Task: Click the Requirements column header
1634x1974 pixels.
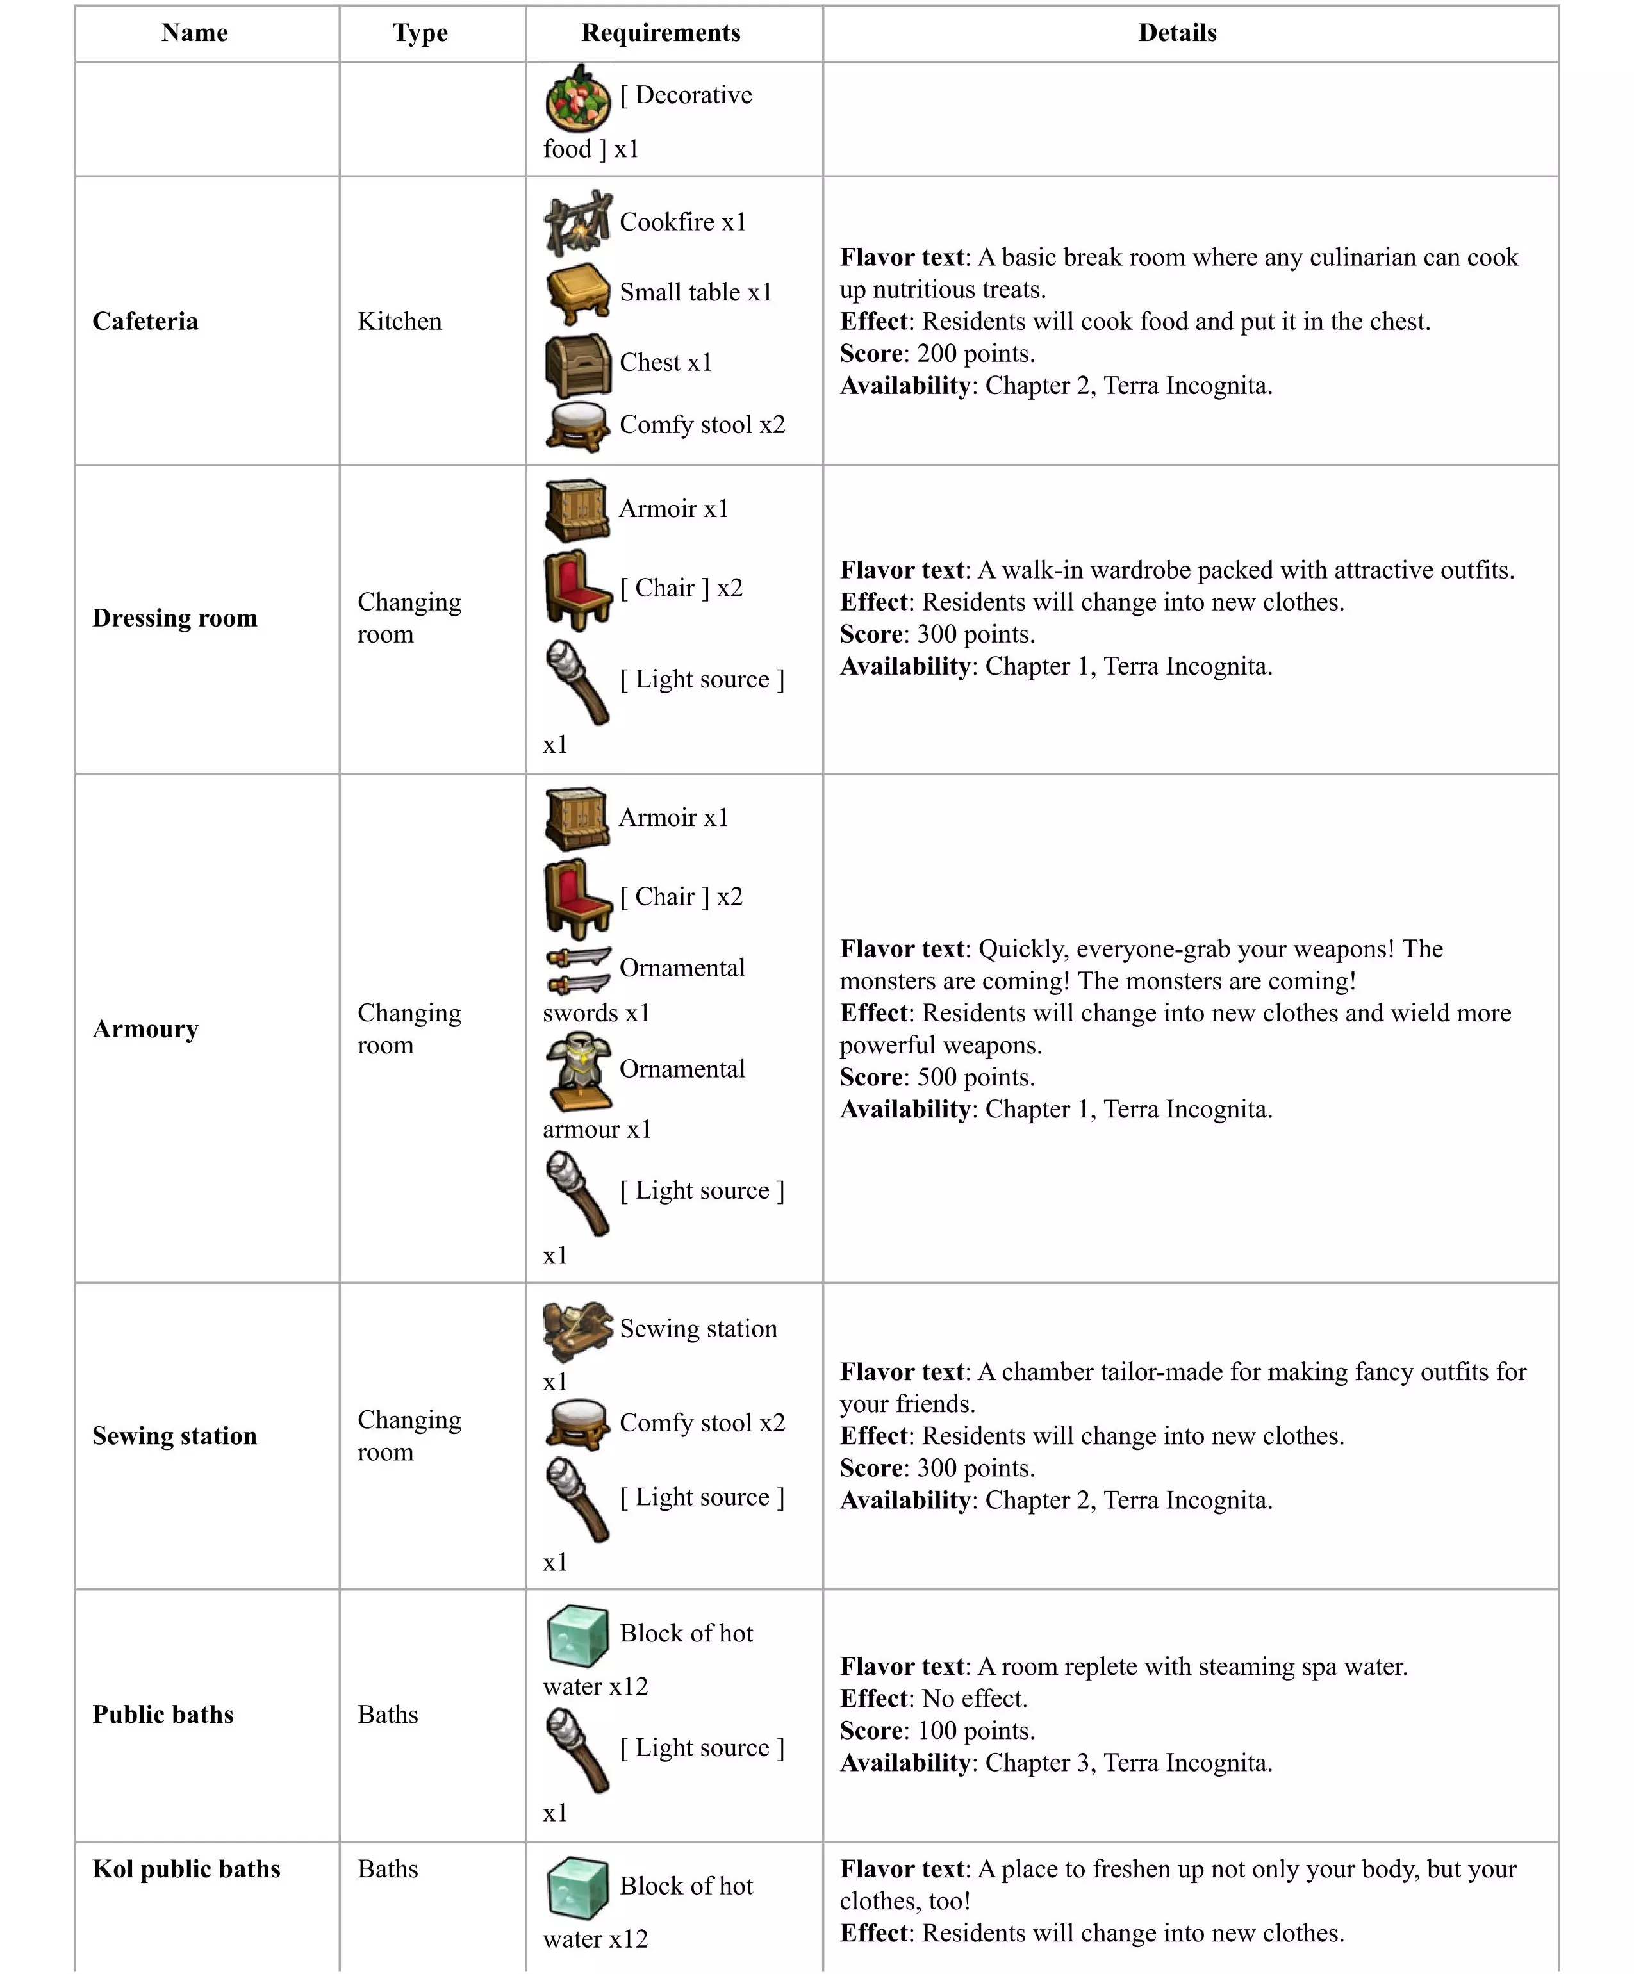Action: [x=660, y=33]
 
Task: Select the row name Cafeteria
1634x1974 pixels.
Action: [x=145, y=322]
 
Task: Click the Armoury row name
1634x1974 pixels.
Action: [x=145, y=1030]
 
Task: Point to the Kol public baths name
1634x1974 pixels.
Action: [x=186, y=1869]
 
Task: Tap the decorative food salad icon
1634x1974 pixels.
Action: [x=577, y=99]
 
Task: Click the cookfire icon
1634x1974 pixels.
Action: [x=577, y=223]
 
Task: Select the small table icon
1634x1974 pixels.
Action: [x=577, y=293]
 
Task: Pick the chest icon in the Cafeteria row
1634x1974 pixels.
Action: [x=577, y=365]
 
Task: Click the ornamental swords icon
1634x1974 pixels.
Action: [x=577, y=970]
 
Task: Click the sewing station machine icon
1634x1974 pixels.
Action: [x=577, y=1330]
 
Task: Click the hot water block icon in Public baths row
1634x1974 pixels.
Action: [x=577, y=1636]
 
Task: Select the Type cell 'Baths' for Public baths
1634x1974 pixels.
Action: [x=387, y=1715]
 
